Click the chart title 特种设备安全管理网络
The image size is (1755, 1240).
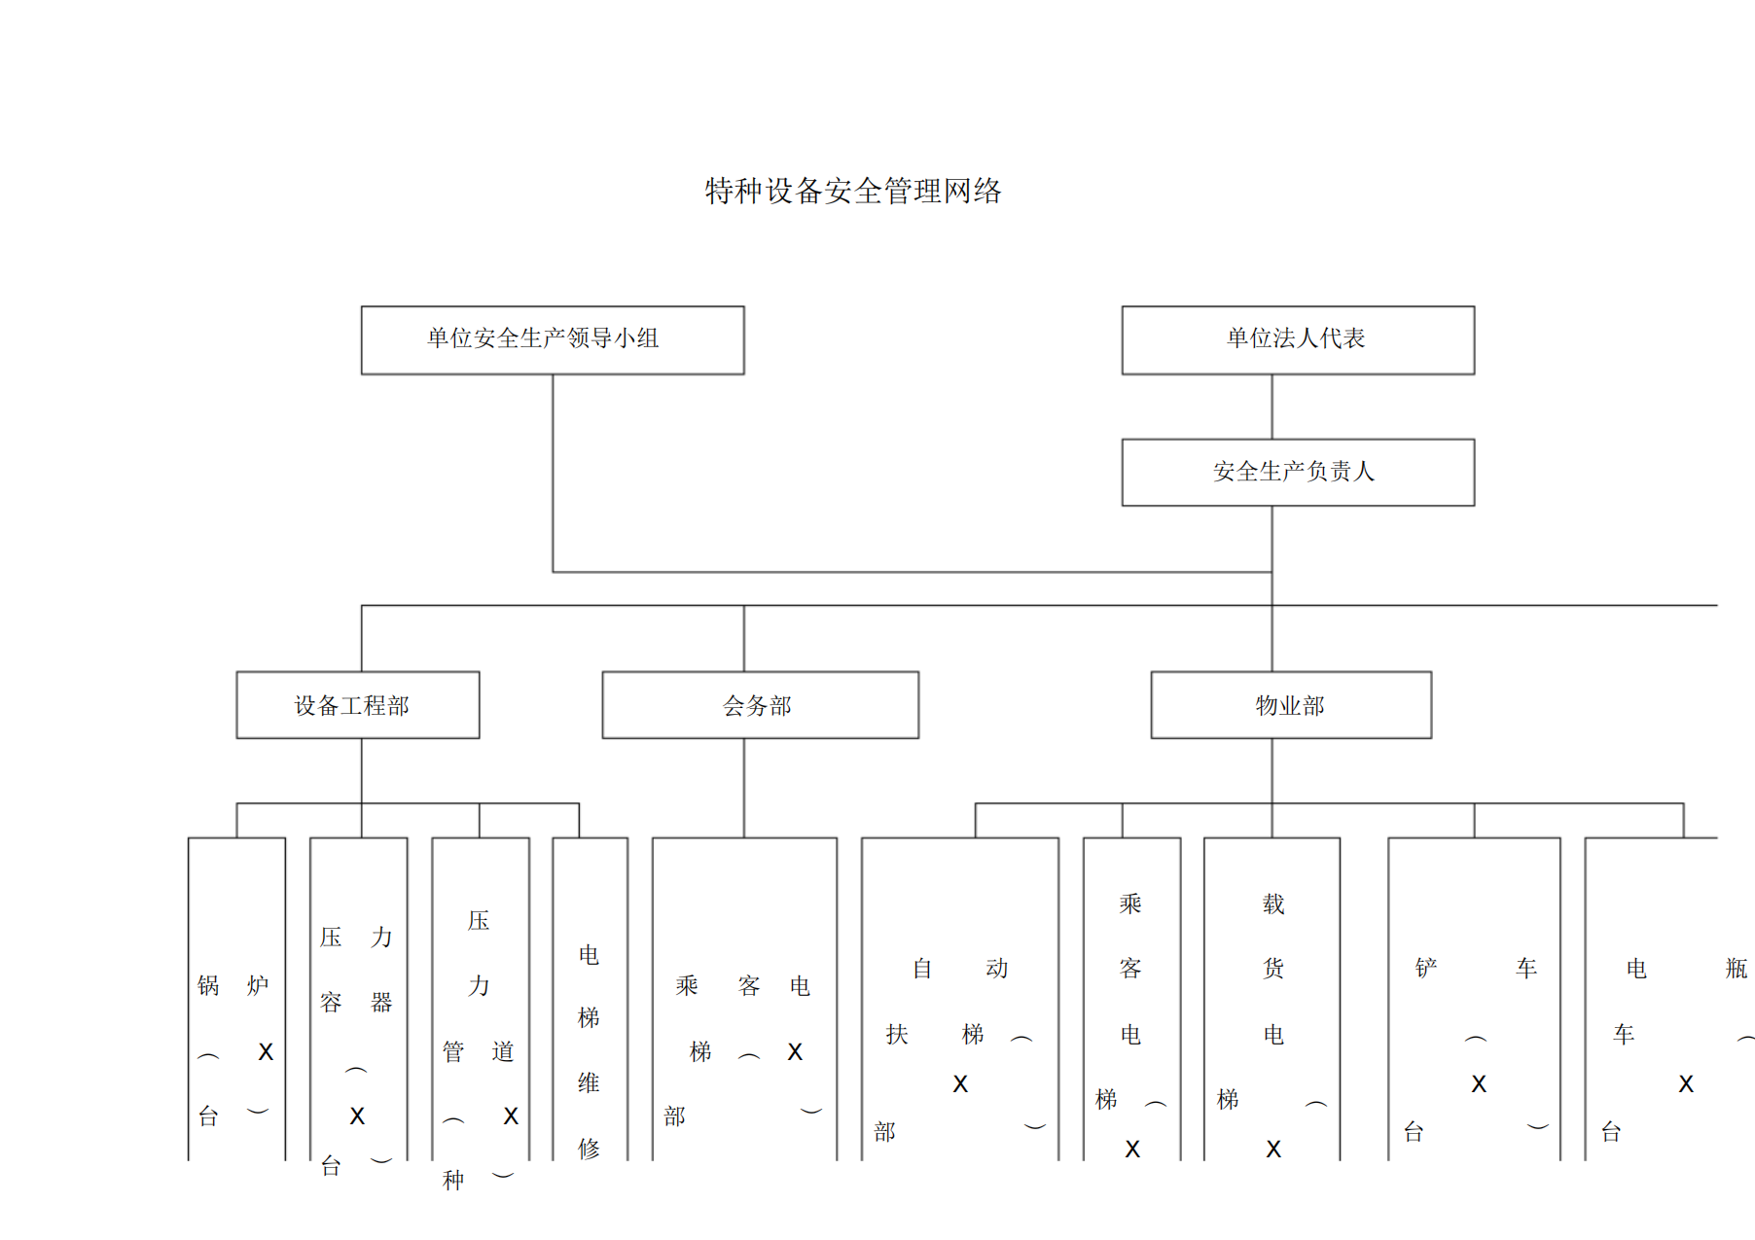[x=853, y=191]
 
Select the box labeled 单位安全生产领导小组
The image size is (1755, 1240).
[x=552, y=339]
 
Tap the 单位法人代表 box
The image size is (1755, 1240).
[x=1297, y=339]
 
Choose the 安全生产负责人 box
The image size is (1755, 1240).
[x=1297, y=472]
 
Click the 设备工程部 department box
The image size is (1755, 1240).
[x=357, y=705]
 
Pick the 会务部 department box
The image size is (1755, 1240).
[x=760, y=705]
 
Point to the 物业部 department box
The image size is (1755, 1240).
[x=1290, y=705]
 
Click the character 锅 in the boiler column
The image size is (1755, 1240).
[x=208, y=985]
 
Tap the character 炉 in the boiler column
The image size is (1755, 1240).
[x=258, y=985]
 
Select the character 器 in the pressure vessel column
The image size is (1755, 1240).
[x=381, y=1002]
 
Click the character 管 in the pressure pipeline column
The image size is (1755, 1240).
[x=453, y=1051]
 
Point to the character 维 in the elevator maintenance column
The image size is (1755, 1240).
[x=589, y=1082]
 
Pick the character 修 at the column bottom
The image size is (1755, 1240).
[x=589, y=1149]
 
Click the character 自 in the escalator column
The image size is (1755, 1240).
[x=922, y=969]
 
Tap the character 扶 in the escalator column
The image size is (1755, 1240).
[x=897, y=1034]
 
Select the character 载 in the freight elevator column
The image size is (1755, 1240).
[x=1273, y=904]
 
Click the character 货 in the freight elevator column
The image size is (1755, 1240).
[x=1273, y=969]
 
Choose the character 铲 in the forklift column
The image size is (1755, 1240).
[x=1426, y=969]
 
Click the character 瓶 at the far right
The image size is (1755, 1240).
[x=1737, y=969]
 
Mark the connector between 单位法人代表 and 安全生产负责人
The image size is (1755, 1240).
[x=1271, y=407]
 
